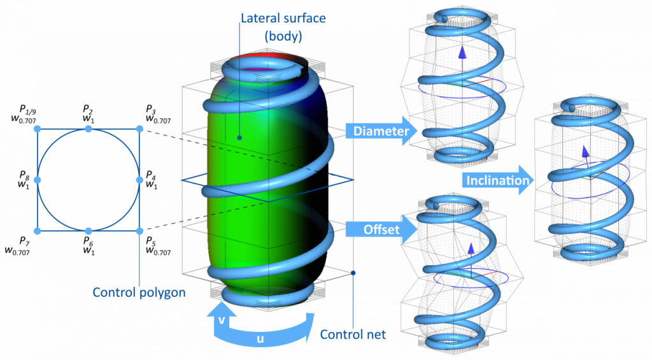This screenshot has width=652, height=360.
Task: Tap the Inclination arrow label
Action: (497, 180)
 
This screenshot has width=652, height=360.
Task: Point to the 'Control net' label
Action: (353, 335)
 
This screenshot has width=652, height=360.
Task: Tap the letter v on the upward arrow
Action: (221, 320)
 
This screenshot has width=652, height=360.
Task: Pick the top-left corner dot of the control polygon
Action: (37, 129)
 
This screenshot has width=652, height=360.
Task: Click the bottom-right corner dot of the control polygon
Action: (140, 231)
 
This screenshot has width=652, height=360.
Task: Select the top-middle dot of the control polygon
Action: (89, 129)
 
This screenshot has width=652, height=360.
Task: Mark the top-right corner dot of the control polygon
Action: (140, 129)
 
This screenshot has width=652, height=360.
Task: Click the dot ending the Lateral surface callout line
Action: (239, 136)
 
